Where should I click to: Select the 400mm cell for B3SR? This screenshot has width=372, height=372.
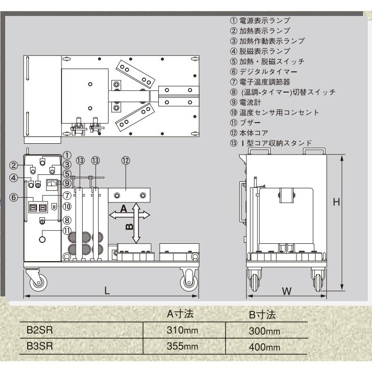(265, 347)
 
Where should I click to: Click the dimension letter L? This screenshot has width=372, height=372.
(107, 290)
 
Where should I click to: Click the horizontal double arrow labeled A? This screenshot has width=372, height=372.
(130, 214)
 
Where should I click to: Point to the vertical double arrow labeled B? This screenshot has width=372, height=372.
(136, 224)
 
